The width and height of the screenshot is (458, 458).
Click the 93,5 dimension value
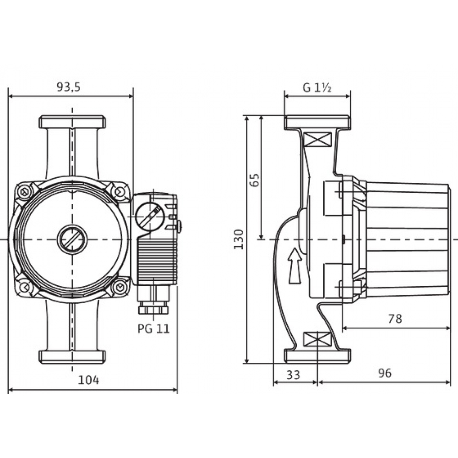point(68,87)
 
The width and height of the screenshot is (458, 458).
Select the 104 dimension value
point(89,379)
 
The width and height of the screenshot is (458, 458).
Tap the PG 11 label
point(153,328)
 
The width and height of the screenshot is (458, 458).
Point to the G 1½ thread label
point(317,87)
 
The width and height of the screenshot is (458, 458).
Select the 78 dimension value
point(394,319)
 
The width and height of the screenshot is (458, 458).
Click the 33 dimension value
point(293,374)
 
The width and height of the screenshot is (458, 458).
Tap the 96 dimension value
point(385,373)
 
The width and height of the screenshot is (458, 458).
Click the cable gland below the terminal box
point(153,306)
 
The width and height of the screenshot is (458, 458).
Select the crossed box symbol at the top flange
point(317,140)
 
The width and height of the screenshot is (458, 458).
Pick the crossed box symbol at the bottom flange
point(317,339)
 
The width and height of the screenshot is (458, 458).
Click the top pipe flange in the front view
point(72,122)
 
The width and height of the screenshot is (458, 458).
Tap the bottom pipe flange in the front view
point(72,356)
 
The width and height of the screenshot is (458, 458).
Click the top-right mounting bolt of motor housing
point(120,191)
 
